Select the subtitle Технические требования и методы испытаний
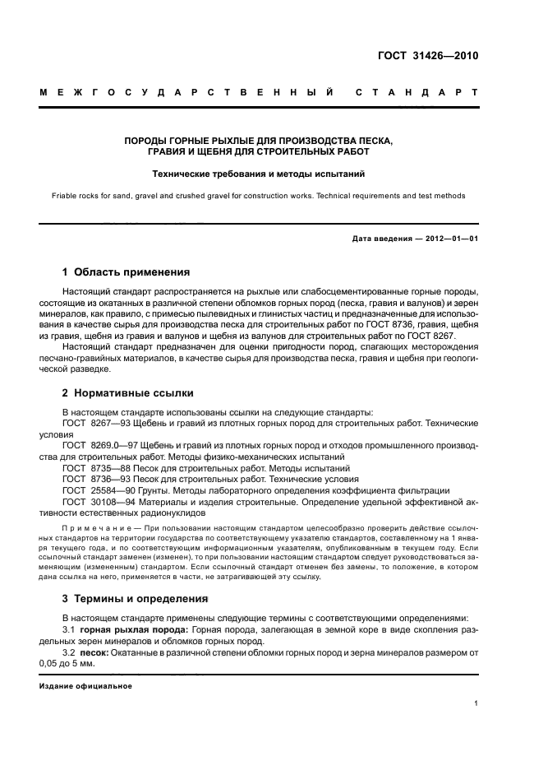coord(258,174)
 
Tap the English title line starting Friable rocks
coord(258,196)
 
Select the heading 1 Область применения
coord(127,271)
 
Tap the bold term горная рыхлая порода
coord(135,629)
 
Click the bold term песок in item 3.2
coord(95,652)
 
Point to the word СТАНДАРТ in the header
coord(416,93)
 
